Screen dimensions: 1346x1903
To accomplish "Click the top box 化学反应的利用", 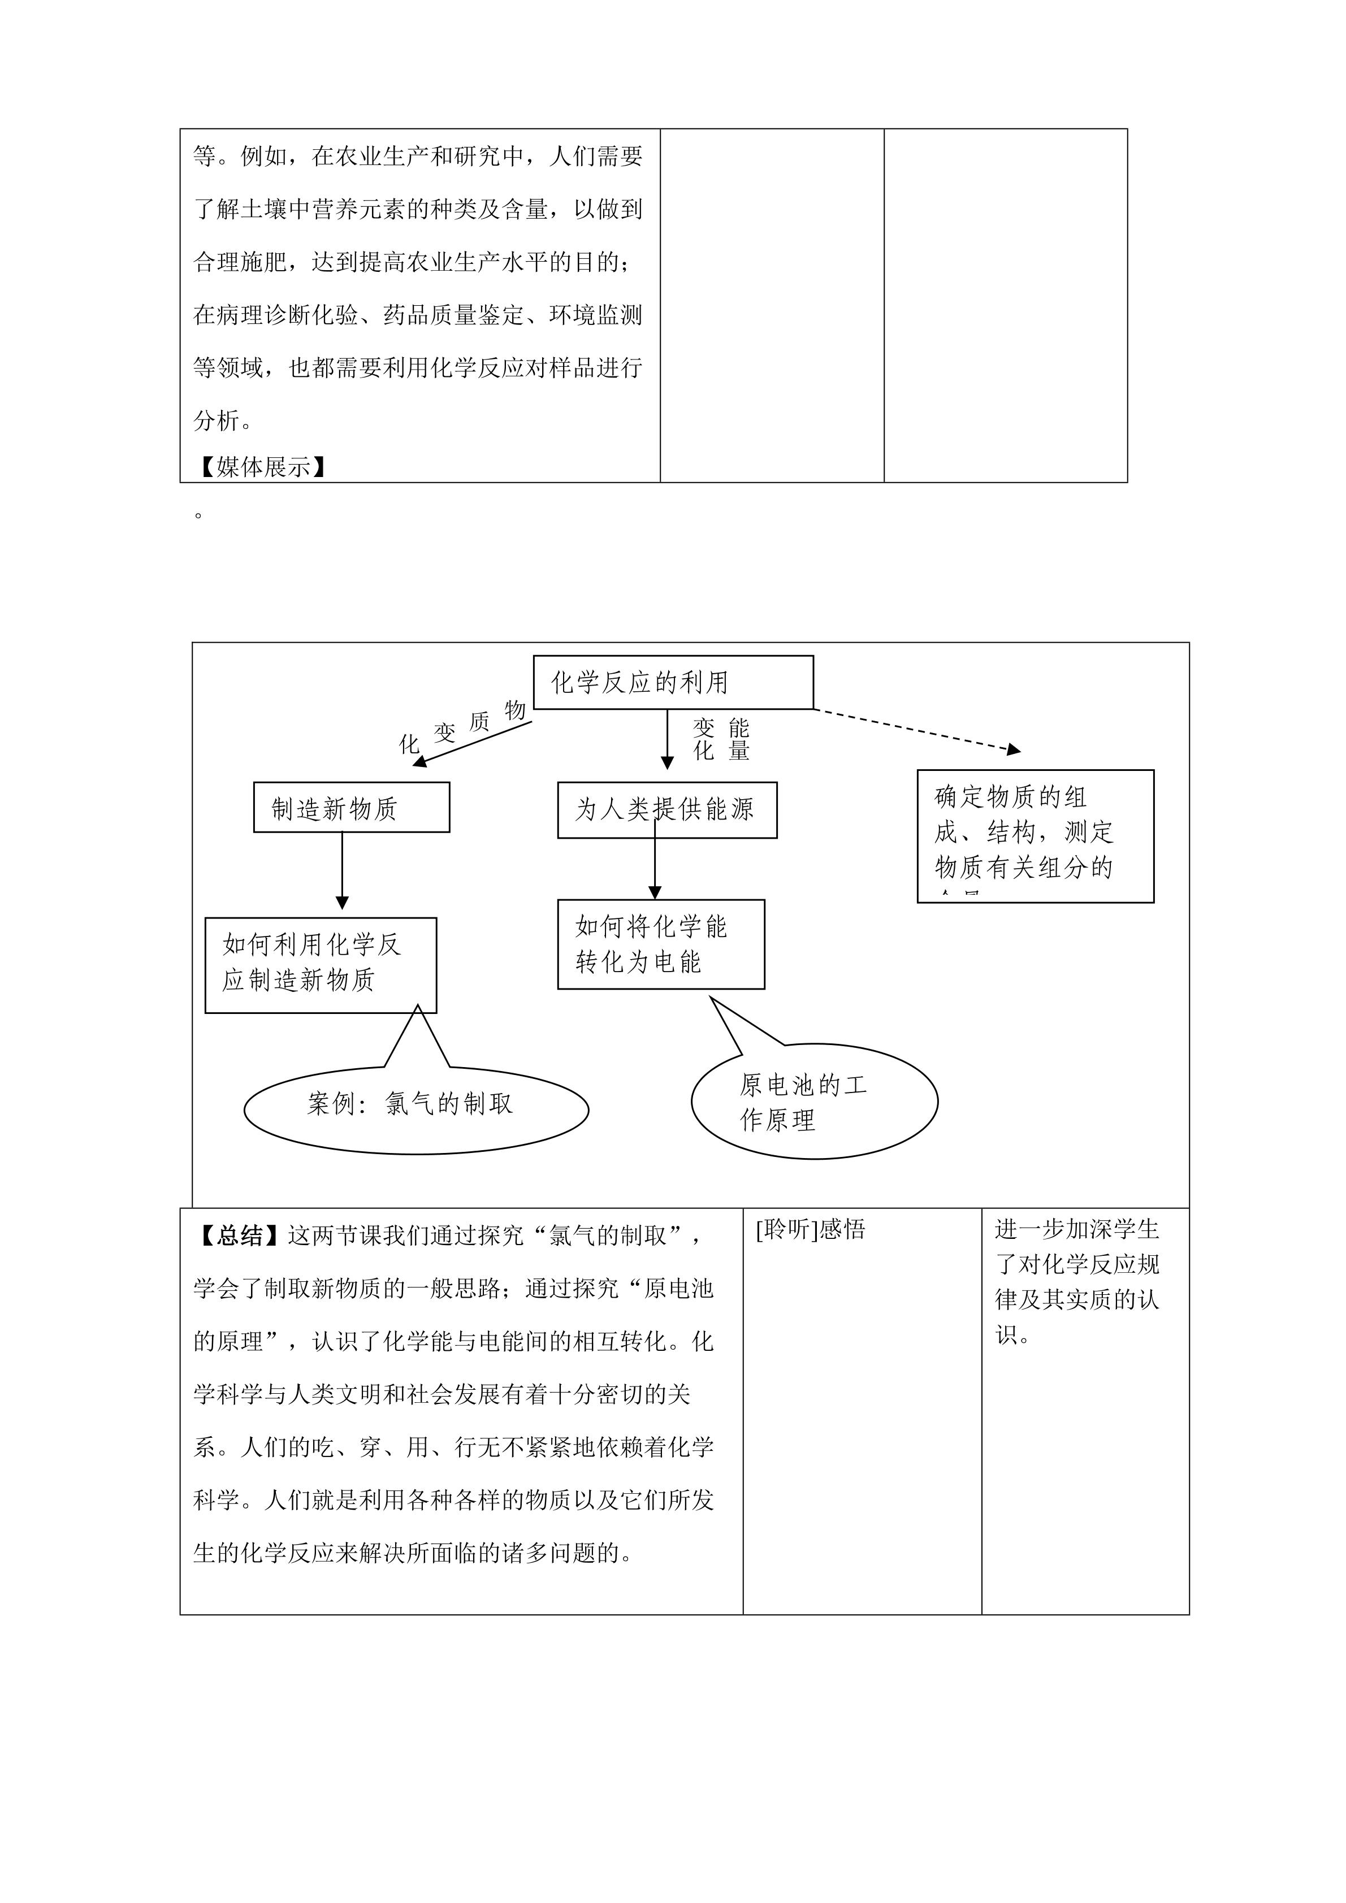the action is (673, 682).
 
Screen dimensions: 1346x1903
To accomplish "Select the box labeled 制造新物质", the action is (352, 807).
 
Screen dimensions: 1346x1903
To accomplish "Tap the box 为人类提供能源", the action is (667, 810).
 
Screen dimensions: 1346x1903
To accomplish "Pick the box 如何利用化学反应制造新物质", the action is (321, 965).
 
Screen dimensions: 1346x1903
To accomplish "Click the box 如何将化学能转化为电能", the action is (661, 944).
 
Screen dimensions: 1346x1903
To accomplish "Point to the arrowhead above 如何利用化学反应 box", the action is (343, 903).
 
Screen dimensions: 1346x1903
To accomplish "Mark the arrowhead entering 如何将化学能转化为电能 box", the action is (655, 892).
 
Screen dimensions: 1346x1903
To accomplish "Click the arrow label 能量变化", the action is (721, 739).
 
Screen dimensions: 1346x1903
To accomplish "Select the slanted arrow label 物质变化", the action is (462, 727).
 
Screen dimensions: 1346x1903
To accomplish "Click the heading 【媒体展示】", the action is (261, 467).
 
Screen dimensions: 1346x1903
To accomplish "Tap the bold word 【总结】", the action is (240, 1236).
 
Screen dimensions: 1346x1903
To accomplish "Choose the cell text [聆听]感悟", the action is (811, 1229).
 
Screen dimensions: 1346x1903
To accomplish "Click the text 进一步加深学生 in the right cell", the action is (1077, 1229).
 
